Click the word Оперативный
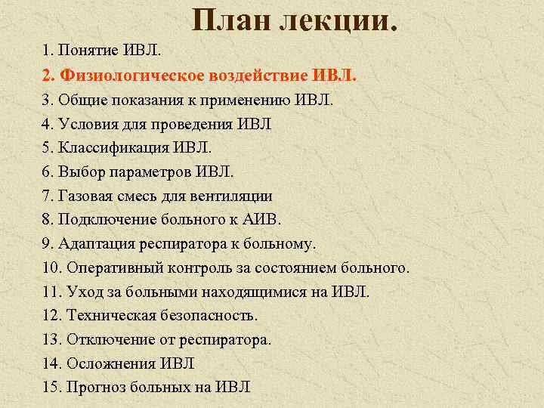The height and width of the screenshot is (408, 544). pos(112,268)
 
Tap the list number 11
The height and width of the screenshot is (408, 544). pos(52,292)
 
